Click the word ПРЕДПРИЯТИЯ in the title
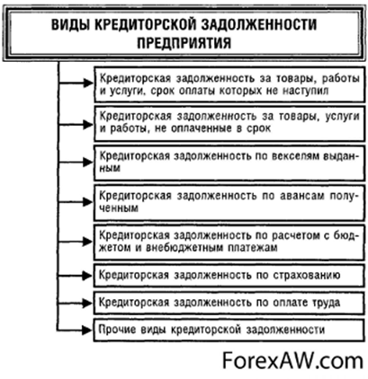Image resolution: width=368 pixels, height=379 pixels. tap(184, 42)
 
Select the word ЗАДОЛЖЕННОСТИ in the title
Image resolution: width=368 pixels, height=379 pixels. tap(258, 23)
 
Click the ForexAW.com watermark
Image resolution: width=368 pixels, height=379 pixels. tap(292, 360)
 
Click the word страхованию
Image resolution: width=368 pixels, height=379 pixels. tap(307, 275)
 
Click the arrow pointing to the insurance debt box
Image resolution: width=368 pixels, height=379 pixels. tap(75, 276)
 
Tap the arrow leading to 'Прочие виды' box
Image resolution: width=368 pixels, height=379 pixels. tap(75, 330)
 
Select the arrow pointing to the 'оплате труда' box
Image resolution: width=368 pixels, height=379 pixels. tap(75, 303)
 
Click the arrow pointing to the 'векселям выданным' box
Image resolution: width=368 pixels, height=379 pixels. tap(76, 162)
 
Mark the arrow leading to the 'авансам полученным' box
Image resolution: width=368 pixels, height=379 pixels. tap(76, 202)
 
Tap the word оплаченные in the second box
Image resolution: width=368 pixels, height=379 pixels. tap(203, 128)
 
